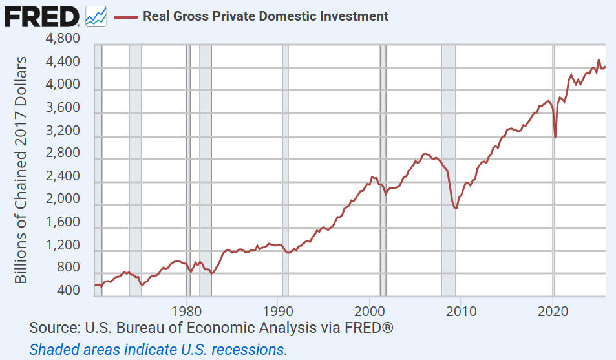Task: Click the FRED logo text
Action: pyautogui.click(x=42, y=16)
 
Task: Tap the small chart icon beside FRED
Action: pyautogui.click(x=96, y=16)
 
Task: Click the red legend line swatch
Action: pyautogui.click(x=127, y=16)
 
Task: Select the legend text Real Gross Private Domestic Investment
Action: pyautogui.click(x=266, y=16)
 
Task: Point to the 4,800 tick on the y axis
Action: pyautogui.click(x=63, y=39)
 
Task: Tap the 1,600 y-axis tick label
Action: pyautogui.click(x=63, y=222)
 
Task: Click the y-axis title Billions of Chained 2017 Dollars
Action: pyautogui.click(x=21, y=169)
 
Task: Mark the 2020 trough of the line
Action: pyautogui.click(x=555, y=137)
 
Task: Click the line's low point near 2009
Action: pyautogui.click(x=456, y=208)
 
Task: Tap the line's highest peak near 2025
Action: pyautogui.click(x=599, y=59)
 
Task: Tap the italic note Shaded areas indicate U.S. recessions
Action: pyautogui.click(x=158, y=350)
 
